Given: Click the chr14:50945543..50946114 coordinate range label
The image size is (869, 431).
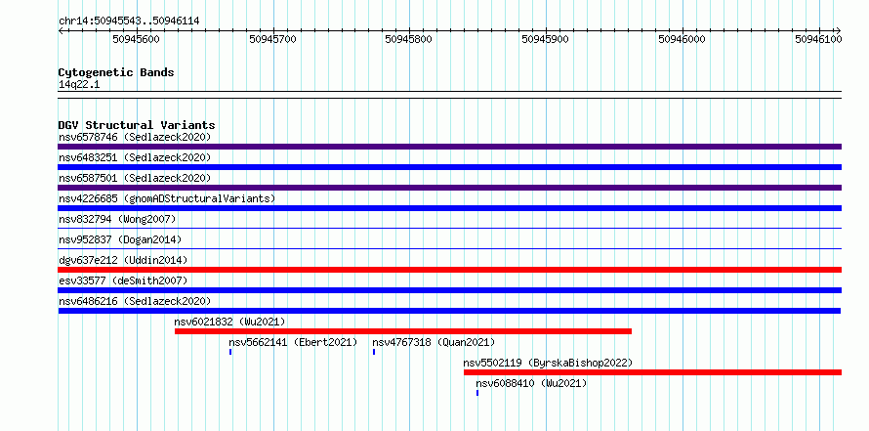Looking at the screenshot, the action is click(x=129, y=22).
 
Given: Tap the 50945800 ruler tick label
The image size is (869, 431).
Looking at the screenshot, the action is click(x=409, y=39).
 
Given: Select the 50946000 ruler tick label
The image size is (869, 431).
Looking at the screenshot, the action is click(x=682, y=39).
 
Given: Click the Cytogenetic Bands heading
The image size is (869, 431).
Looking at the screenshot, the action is click(x=116, y=72).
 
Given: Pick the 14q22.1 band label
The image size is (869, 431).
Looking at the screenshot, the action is click(x=79, y=85).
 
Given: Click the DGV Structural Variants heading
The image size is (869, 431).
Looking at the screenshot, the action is click(x=137, y=125).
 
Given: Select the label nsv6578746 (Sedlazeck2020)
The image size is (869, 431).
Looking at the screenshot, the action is click(x=135, y=137).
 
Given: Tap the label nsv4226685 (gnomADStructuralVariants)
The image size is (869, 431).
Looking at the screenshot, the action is click(x=167, y=198).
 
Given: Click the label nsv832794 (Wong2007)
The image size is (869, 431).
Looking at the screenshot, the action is click(x=117, y=219).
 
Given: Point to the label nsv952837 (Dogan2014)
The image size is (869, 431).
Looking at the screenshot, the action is click(x=120, y=239).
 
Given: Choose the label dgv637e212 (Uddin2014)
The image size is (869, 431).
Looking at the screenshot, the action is click(x=123, y=260).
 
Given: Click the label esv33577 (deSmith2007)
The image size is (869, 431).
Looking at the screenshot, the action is click(x=123, y=280).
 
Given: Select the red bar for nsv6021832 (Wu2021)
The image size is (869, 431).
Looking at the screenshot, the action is click(x=403, y=331).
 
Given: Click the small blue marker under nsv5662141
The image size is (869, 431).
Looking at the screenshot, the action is click(x=230, y=352).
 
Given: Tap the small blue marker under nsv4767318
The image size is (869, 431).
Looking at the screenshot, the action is click(x=374, y=352).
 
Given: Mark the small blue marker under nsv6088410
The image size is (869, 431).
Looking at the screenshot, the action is click(x=477, y=393).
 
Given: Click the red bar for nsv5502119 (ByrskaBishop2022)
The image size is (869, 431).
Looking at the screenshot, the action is click(x=653, y=372).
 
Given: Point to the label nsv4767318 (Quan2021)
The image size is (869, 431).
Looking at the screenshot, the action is click(x=434, y=342).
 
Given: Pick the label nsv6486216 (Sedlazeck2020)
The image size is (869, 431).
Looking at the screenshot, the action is click(x=135, y=301).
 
